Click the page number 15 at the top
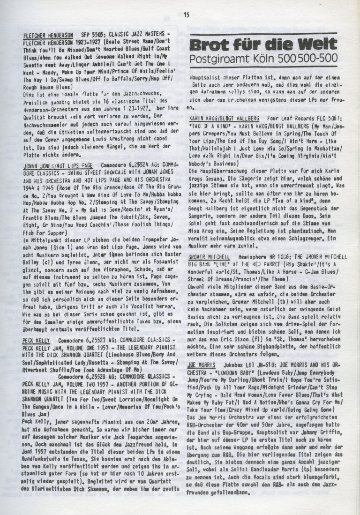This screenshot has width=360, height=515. [186, 15]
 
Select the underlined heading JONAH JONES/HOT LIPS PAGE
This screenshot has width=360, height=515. [57, 165]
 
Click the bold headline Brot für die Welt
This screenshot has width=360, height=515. [262, 46]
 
